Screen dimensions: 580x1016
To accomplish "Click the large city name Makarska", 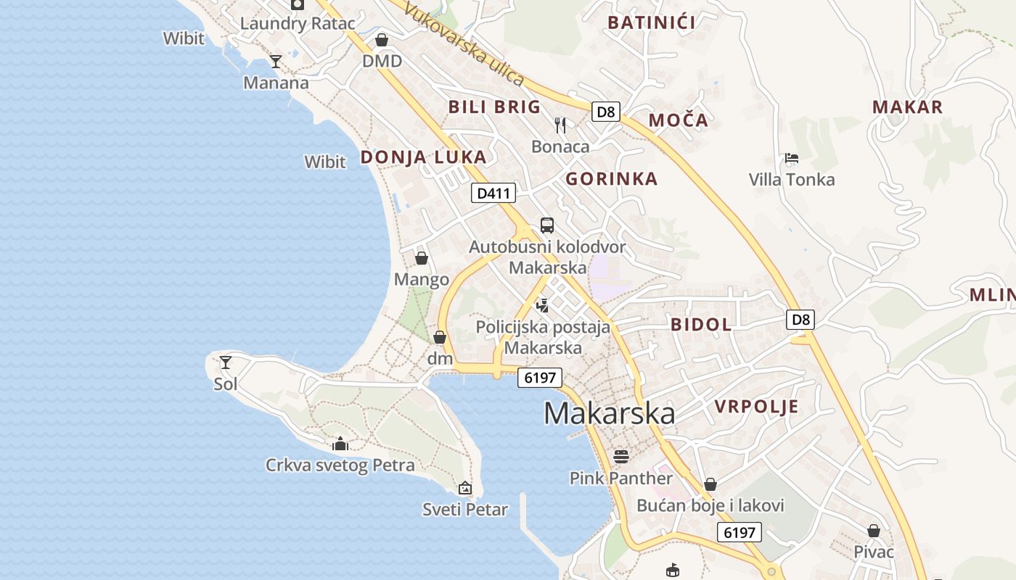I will [609, 413].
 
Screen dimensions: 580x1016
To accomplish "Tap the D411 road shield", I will [493, 193].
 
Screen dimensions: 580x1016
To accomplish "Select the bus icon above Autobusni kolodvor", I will [547, 225].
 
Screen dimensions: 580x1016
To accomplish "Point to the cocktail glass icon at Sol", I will [226, 362].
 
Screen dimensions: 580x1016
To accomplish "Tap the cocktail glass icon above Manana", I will [276, 61].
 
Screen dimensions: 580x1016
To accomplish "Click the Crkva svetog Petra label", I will [340, 465].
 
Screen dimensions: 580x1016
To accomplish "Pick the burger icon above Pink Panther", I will [620, 456].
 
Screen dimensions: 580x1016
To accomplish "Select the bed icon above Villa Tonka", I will [792, 158].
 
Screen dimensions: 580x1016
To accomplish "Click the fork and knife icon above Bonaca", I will [560, 125].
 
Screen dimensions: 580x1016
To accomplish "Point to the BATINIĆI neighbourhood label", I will [651, 22].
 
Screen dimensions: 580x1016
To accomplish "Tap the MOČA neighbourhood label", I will [678, 120].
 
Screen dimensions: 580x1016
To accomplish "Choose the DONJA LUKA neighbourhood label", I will [423, 157].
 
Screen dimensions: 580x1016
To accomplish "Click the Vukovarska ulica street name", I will [464, 44].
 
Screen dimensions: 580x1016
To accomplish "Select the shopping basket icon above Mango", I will [422, 257].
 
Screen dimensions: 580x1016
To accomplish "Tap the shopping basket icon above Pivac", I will [874, 531].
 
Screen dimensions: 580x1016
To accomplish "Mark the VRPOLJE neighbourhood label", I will [756, 407].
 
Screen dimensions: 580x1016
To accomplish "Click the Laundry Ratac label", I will [298, 23].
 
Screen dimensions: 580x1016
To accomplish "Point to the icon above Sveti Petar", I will [465, 488].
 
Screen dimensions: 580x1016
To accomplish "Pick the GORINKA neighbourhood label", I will [611, 179].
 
